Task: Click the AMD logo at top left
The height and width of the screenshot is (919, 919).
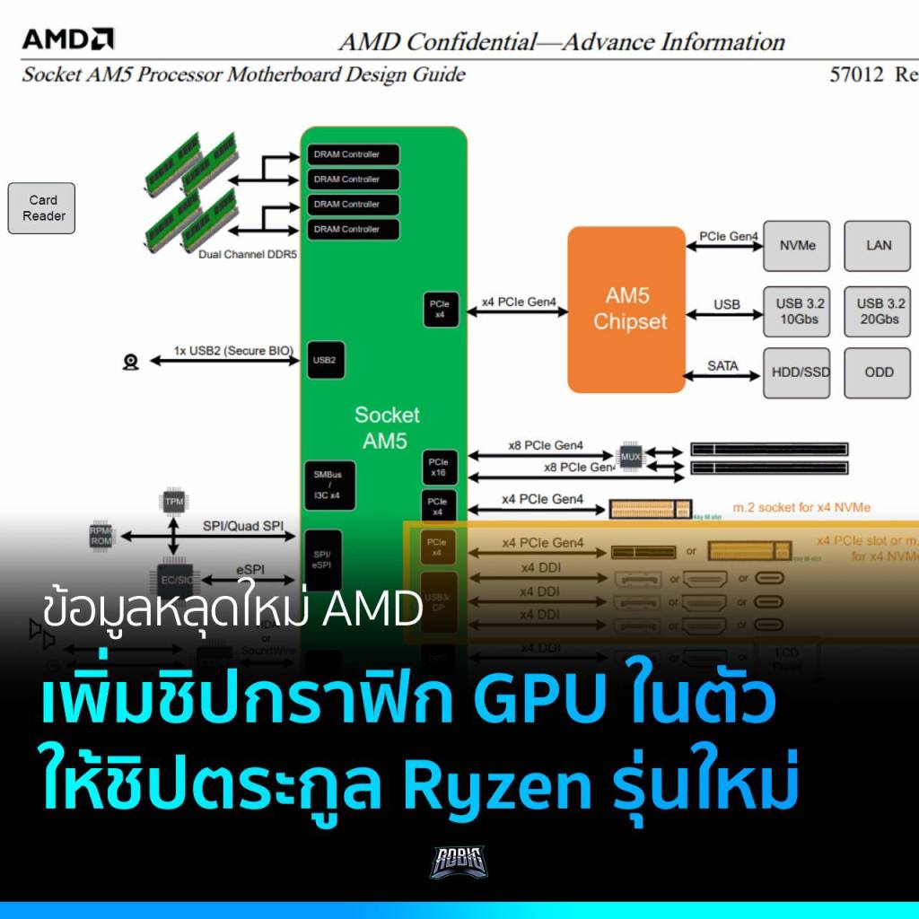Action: click(67, 39)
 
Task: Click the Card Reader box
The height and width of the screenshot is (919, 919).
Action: click(42, 208)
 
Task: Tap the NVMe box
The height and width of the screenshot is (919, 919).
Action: click(797, 245)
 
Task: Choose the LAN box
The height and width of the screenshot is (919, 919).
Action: click(879, 245)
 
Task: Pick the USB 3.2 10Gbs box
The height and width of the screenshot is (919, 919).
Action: click(797, 311)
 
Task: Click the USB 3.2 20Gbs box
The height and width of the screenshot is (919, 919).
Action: click(879, 311)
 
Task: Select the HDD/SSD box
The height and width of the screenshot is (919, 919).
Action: click(797, 372)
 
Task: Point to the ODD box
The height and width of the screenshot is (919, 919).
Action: click(879, 372)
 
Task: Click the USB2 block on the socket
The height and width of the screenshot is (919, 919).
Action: click(325, 360)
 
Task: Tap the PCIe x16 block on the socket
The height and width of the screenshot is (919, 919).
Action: click(438, 466)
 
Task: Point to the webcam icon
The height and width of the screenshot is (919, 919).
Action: click(131, 362)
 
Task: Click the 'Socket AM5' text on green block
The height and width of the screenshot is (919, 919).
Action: click(386, 427)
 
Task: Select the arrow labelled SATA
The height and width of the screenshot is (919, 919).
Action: click(722, 374)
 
